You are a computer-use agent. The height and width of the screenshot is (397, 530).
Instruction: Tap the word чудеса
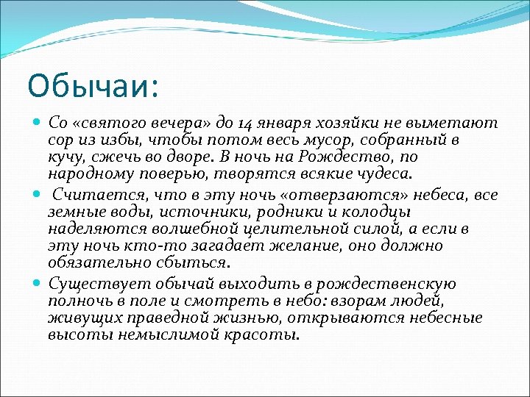(389, 175)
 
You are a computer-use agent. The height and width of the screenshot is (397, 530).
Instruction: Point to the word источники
(185, 212)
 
